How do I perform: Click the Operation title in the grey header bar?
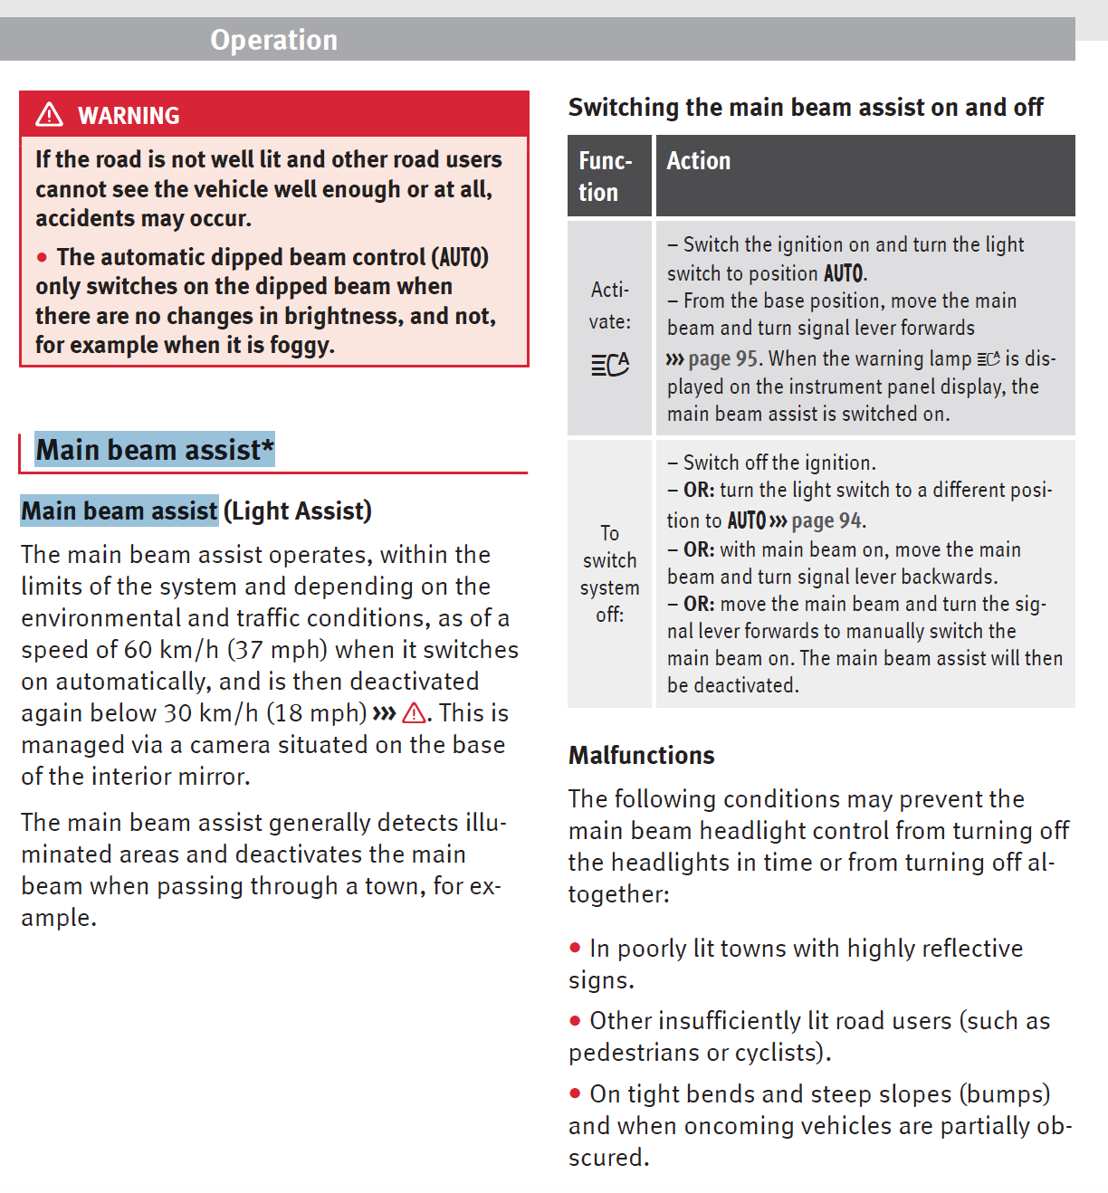[x=273, y=40]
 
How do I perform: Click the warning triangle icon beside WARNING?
[x=49, y=115]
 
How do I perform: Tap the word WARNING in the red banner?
[x=129, y=116]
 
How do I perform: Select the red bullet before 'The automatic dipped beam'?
[x=42, y=258]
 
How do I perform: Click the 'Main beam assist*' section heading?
[x=154, y=450]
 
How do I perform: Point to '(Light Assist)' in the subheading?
[x=298, y=511]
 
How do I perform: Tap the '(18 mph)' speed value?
[x=317, y=713]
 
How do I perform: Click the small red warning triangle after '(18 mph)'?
[x=414, y=713]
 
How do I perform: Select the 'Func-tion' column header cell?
[x=608, y=177]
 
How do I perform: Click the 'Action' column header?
[x=698, y=161]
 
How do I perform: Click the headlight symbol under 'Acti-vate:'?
[x=610, y=364]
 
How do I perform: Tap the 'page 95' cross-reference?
[x=722, y=359]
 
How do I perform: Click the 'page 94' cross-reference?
[x=826, y=521]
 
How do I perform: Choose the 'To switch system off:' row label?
[x=609, y=574]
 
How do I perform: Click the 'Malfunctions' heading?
[x=641, y=755]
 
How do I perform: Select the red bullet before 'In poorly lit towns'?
[x=575, y=949]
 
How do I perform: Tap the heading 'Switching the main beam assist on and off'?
[x=805, y=108]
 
